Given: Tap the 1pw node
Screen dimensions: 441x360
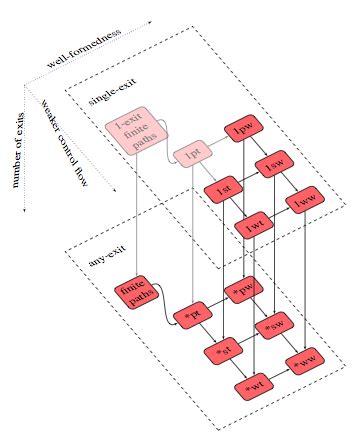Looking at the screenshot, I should [243, 130].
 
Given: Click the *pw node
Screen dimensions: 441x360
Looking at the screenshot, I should [244, 291].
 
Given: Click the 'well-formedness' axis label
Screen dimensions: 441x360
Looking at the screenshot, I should [87, 47].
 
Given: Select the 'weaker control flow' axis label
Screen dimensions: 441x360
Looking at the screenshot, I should [65, 131].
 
